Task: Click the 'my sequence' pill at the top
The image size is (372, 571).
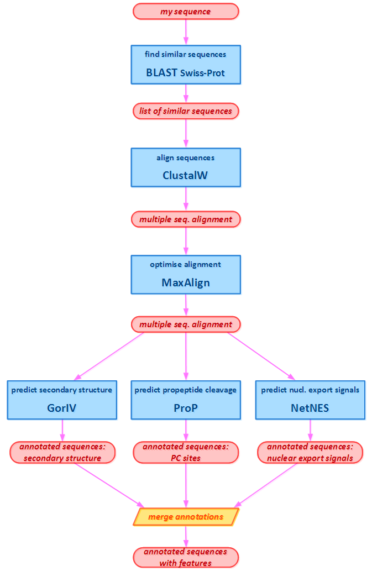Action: click(186, 12)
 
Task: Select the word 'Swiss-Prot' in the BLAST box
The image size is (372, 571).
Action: click(202, 72)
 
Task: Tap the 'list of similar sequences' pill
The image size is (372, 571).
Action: click(186, 111)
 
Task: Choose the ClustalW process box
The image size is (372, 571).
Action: click(186, 167)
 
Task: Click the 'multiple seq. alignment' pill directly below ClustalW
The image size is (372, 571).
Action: click(186, 219)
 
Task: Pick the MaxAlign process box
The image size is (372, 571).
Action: click(186, 275)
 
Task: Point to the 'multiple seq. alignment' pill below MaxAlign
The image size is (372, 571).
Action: click(186, 324)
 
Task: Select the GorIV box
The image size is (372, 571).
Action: click(62, 400)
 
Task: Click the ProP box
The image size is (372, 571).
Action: click(186, 400)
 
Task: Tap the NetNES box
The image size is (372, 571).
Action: click(310, 400)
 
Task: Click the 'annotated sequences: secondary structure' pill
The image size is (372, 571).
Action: click(62, 453)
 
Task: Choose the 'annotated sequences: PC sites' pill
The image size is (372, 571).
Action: click(186, 453)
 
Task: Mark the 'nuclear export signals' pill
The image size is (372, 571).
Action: click(310, 453)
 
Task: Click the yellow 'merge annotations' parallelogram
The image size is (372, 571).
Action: click(186, 517)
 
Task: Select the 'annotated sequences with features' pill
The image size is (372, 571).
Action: click(186, 557)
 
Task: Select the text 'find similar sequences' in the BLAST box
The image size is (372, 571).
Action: click(186, 55)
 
